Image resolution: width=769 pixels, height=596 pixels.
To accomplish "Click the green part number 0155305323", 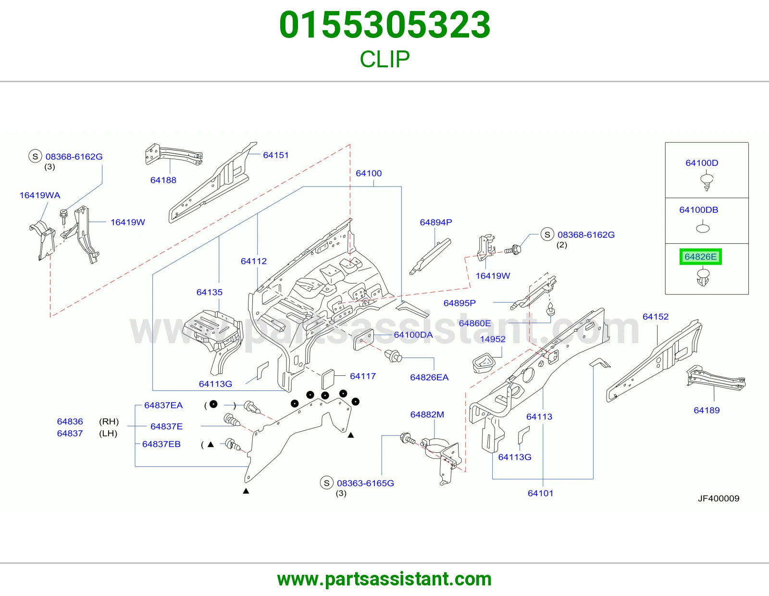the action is [x=384, y=25].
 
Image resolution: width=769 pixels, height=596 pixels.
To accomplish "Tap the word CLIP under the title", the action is [x=384, y=59].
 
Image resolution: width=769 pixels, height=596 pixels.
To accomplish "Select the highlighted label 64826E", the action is [x=700, y=257].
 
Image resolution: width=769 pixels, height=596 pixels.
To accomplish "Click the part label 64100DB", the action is [x=698, y=210].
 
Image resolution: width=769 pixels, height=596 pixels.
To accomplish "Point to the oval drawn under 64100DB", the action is [x=703, y=229].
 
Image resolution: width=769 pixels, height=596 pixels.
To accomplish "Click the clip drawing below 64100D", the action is [x=707, y=182].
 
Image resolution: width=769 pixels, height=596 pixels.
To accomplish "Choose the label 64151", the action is [x=276, y=155].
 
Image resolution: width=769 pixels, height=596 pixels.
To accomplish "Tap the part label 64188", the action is [x=163, y=180].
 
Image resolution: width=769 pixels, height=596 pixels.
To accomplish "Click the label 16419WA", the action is [x=39, y=195].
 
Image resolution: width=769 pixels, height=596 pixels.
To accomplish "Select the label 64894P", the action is [x=435, y=222].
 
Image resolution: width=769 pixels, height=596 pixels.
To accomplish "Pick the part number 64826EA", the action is [x=429, y=377].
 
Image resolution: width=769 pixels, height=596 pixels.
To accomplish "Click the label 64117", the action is [x=363, y=376].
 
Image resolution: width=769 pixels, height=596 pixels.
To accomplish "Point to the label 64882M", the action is [x=427, y=414].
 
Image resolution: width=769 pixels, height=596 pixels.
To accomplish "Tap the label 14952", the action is [x=493, y=339].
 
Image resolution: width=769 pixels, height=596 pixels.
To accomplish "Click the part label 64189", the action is [x=707, y=410].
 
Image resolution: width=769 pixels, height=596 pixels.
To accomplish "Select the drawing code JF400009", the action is [x=719, y=498].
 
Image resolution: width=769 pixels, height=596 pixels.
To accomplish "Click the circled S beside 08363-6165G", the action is [x=326, y=483].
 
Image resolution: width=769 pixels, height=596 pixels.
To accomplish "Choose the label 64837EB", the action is [x=161, y=444].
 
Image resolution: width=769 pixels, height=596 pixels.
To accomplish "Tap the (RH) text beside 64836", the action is [x=109, y=422].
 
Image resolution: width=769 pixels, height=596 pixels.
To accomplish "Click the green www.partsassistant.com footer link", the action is [x=384, y=579].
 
